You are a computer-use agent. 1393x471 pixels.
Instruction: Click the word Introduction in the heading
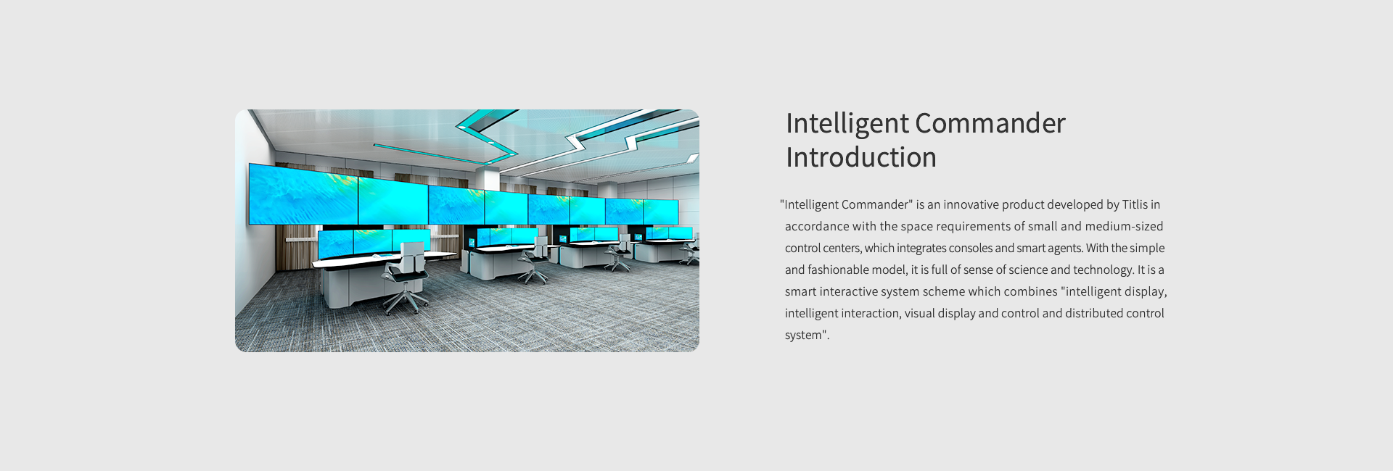point(861,157)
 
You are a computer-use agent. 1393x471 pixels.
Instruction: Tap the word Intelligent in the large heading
point(847,124)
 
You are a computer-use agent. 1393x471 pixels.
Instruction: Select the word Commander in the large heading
point(990,123)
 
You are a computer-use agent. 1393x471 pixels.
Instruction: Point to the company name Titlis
point(1135,204)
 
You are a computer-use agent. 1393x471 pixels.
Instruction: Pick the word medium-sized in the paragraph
point(1124,226)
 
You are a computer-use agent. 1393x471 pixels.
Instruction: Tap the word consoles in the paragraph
point(970,248)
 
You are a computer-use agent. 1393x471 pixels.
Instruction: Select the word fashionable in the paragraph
point(839,270)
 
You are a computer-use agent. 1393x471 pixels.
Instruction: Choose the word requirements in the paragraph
point(974,227)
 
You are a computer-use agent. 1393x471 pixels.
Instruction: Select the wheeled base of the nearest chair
point(407,299)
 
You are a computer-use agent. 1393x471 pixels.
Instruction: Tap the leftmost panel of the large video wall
point(303,194)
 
